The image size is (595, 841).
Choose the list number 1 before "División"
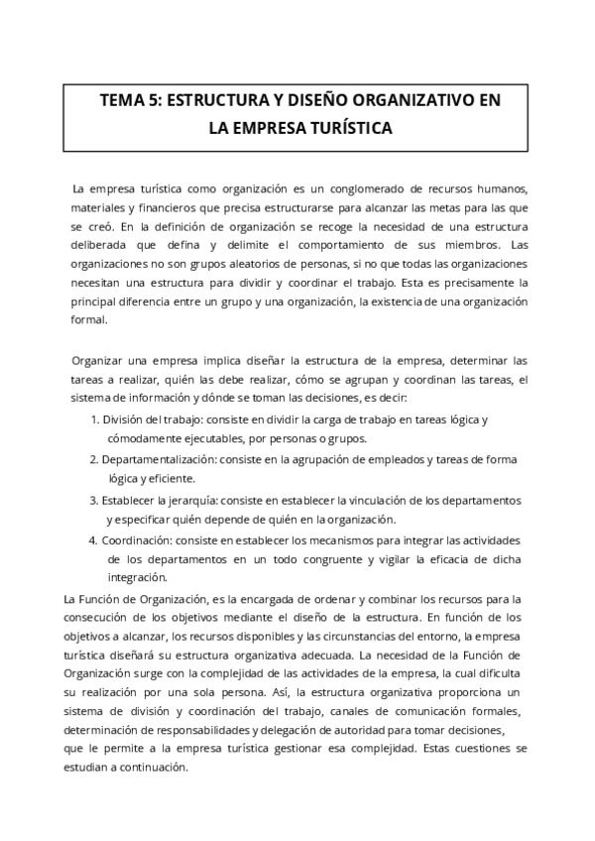pyautogui.click(x=94, y=420)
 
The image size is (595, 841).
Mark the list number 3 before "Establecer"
pyautogui.click(x=94, y=500)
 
